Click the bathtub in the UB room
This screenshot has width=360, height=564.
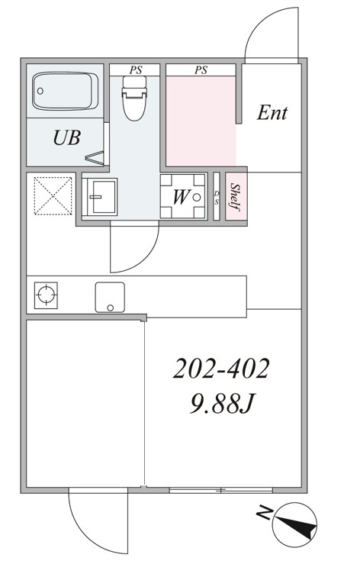(x=65, y=91)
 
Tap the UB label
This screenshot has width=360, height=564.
(x=67, y=137)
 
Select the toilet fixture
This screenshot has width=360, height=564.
(x=135, y=98)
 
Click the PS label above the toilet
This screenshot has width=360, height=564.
(x=136, y=70)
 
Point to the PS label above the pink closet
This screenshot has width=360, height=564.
(x=201, y=70)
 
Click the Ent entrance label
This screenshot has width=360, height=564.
(x=272, y=113)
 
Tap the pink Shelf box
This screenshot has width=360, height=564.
(x=236, y=197)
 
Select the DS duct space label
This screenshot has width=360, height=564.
(x=217, y=198)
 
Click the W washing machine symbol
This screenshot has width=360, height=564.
(x=183, y=196)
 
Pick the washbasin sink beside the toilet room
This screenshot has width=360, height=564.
(x=100, y=197)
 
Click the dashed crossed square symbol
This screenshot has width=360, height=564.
(x=53, y=195)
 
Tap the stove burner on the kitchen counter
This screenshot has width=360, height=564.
(x=46, y=295)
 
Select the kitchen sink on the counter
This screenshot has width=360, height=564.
(x=110, y=297)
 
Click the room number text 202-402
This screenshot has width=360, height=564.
(x=221, y=369)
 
